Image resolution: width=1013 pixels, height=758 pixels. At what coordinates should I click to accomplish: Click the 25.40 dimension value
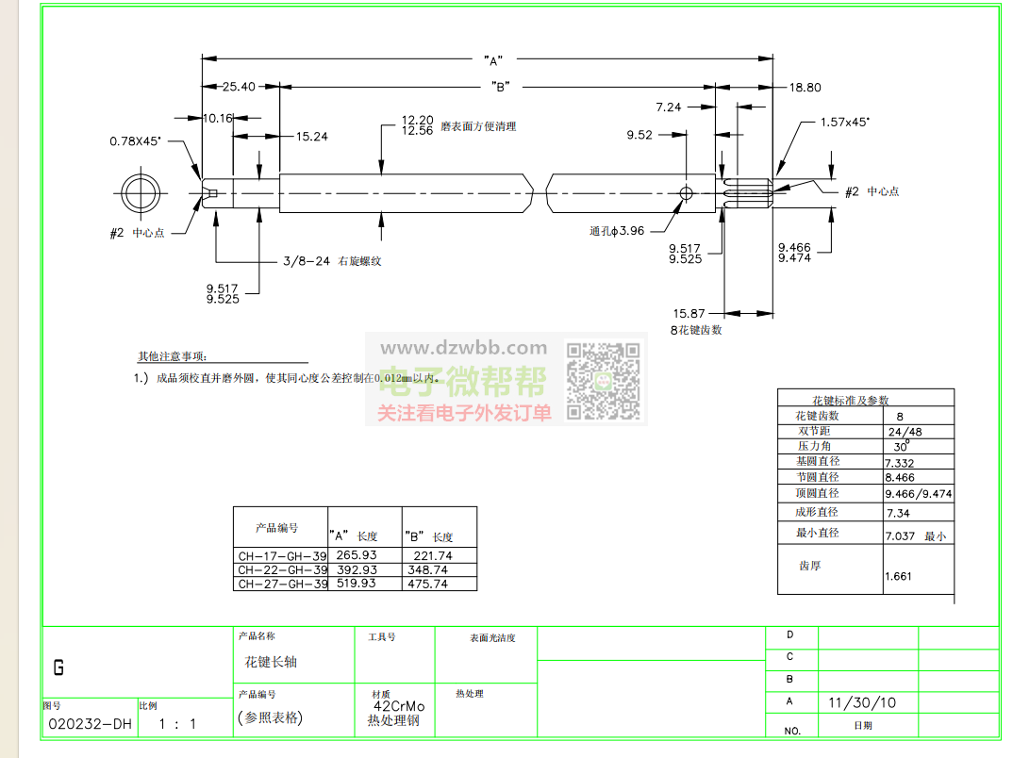pos(239,87)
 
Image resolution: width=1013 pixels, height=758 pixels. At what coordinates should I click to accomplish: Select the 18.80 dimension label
pos(805,87)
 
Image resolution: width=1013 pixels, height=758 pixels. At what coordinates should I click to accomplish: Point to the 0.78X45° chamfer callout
pos(135,141)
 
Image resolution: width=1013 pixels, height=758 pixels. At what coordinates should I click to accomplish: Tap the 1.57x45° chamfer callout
pos(844,122)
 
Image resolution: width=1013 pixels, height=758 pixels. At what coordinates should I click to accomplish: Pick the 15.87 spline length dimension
pos(689,313)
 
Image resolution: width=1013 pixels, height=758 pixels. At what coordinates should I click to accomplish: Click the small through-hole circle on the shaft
pos(686,193)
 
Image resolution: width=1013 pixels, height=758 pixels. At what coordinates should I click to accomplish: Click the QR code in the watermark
pos(604,380)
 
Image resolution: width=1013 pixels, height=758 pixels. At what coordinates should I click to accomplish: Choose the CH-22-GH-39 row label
pos(282,569)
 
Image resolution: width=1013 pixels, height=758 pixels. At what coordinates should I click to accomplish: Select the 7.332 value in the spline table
pos(899,463)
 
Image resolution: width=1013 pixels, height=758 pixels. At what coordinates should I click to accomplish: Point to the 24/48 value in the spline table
pos(905,431)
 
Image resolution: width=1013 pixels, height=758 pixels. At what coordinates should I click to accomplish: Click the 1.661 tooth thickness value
pos(898,576)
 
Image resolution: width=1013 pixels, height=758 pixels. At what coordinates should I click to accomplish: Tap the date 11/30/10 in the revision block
pos(862,702)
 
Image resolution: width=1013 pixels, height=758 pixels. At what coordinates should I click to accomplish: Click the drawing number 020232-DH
pos(90,724)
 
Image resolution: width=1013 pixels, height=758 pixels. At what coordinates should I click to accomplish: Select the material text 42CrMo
pos(399,706)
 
